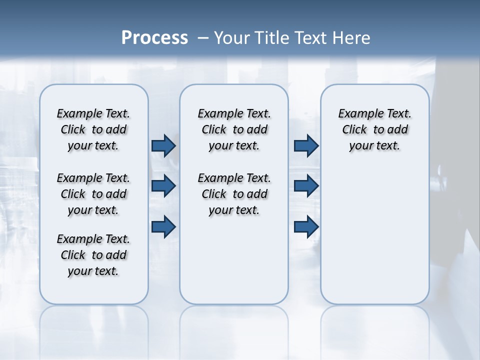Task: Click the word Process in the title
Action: pos(154,38)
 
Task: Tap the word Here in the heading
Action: pos(350,38)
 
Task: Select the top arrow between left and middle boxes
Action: pos(163,146)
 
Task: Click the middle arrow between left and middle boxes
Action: pos(163,186)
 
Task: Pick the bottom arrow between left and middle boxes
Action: pos(163,227)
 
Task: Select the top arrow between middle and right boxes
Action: pos(306,146)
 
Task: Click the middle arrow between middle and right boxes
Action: pos(306,186)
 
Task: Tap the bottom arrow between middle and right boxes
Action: pos(306,227)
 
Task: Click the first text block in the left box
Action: pos(93,129)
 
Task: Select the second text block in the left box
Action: pos(93,194)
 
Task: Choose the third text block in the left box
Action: pos(93,255)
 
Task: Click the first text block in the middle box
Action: pos(234,129)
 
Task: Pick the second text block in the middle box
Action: pos(234,194)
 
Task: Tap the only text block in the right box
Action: pos(374,129)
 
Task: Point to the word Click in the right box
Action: pos(354,130)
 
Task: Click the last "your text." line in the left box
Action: pos(93,271)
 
